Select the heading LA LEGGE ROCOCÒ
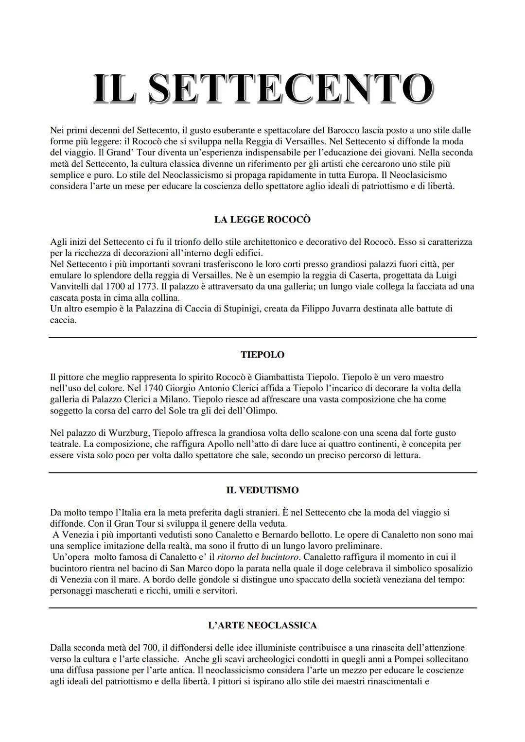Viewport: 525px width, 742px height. [x=262, y=220]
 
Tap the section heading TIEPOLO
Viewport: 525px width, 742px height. [x=262, y=355]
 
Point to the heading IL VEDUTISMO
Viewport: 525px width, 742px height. [x=262, y=490]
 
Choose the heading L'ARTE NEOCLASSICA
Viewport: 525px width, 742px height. [x=262, y=625]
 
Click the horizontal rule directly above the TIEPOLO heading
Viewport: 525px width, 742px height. [x=262, y=337]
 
